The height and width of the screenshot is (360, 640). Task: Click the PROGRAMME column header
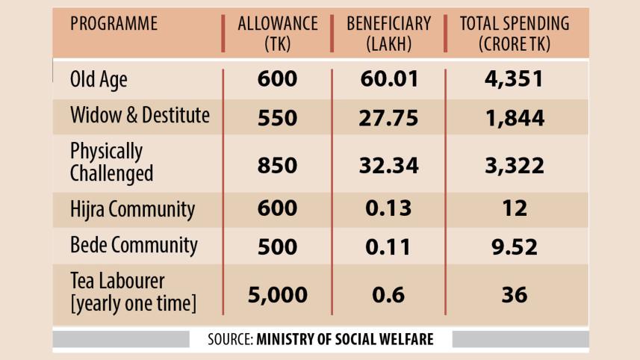click(114, 24)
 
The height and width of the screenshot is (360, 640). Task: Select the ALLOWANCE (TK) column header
click(277, 34)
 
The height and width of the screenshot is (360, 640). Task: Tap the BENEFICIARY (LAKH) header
click(388, 34)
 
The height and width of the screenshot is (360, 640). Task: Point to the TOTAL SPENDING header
click(514, 34)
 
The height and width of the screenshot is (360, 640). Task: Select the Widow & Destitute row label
click(140, 116)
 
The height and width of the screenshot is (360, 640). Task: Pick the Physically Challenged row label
click(111, 162)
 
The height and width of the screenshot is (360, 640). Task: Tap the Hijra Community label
click(133, 209)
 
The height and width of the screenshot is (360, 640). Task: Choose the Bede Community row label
click(133, 245)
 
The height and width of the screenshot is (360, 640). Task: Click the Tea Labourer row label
click(133, 293)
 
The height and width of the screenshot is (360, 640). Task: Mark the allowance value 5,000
click(277, 294)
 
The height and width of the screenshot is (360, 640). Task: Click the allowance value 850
click(277, 165)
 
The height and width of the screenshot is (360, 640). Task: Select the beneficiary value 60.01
click(388, 79)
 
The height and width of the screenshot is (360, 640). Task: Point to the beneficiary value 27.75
click(388, 117)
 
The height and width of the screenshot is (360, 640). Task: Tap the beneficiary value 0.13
click(388, 208)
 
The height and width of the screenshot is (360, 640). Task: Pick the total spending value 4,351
click(514, 79)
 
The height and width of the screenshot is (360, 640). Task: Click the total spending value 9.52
click(514, 246)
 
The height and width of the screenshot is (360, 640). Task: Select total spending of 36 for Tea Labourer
click(514, 294)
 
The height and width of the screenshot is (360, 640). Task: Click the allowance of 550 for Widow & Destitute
click(277, 117)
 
